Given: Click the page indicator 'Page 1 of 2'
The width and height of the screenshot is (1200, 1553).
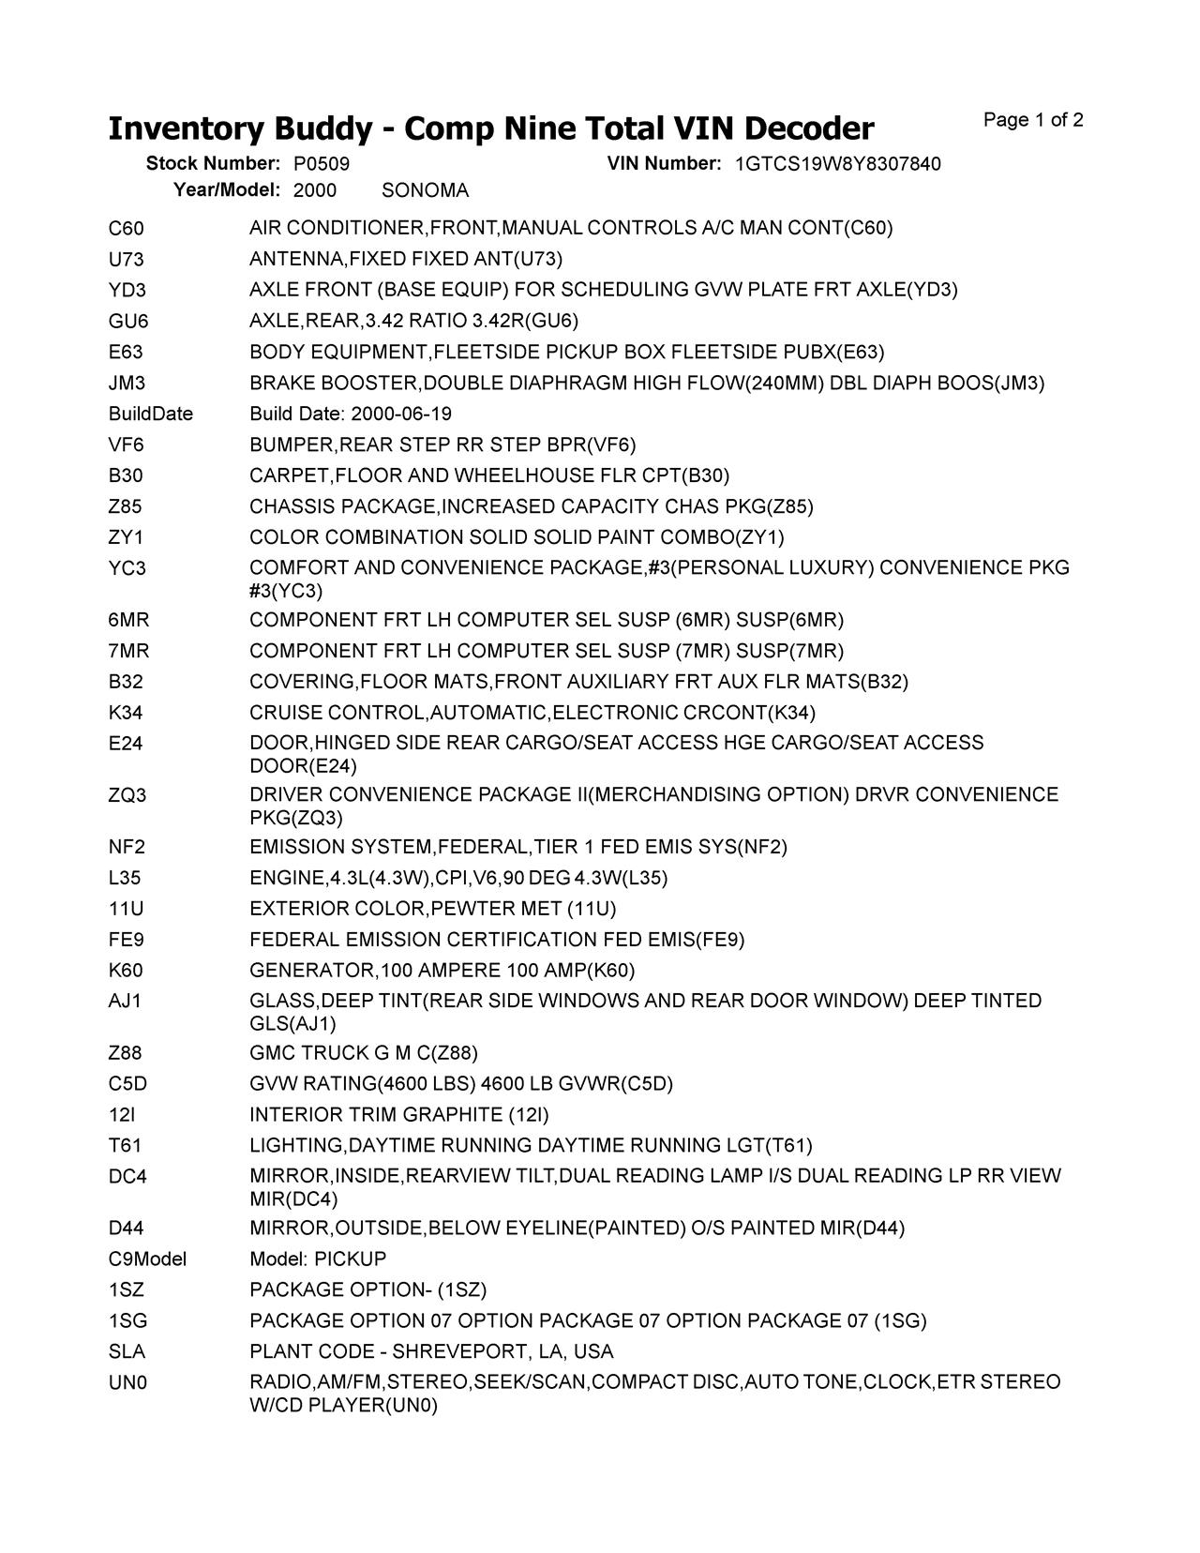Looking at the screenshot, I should click(1033, 120).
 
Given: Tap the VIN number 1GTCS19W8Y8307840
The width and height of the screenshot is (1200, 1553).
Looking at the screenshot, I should click(837, 164).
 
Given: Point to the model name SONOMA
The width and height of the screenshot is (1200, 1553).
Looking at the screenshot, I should click(425, 190).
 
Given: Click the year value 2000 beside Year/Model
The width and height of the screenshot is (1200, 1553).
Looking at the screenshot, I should click(315, 190).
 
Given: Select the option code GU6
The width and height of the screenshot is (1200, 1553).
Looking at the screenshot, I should click(128, 321).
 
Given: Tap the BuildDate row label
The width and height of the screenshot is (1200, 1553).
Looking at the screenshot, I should click(150, 414).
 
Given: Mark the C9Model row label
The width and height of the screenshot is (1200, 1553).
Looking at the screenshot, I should click(147, 1259).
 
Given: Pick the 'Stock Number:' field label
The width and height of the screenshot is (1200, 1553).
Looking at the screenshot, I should click(213, 164).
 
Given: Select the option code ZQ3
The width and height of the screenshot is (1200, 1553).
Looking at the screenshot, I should click(127, 795).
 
